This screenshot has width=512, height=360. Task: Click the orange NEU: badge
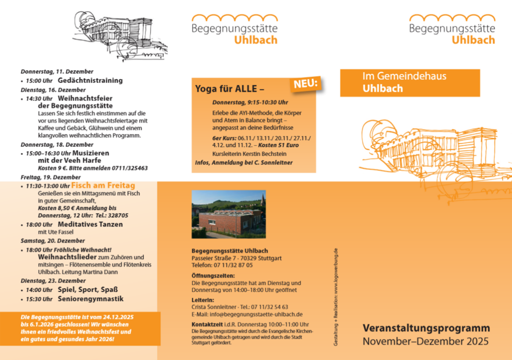305,85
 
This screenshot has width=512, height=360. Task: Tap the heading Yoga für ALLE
229,89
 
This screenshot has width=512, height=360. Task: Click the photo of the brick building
228,213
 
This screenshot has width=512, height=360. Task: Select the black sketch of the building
120,33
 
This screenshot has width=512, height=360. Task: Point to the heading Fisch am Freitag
103,185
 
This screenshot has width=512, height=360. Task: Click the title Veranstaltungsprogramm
426,328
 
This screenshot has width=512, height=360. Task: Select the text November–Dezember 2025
425,341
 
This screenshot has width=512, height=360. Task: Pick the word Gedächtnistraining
90,80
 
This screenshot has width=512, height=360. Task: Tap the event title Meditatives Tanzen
90,224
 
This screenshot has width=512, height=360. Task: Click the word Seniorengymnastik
90,299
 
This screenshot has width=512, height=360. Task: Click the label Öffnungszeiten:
213,276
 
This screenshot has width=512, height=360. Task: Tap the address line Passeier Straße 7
215,258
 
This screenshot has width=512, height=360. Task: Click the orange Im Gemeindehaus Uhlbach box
409,82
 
